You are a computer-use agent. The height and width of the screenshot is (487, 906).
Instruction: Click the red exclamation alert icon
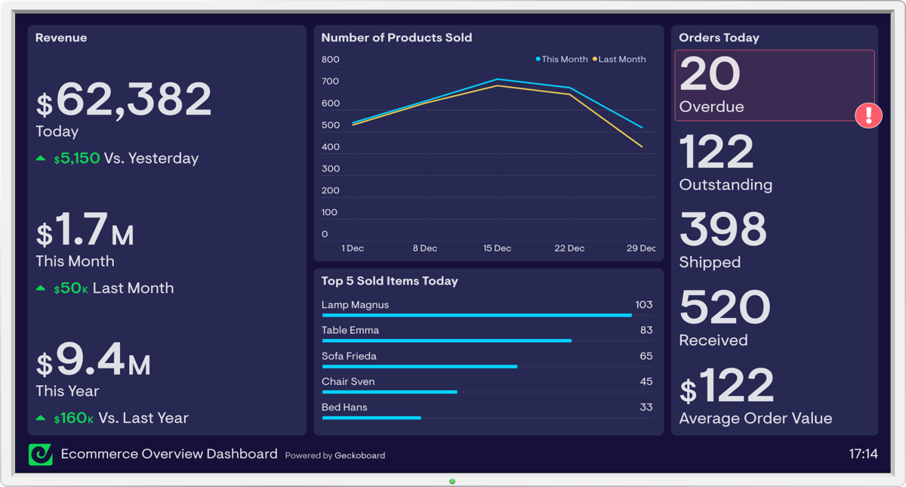click(868, 116)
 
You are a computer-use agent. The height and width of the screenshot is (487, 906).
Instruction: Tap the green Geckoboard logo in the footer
click(41, 455)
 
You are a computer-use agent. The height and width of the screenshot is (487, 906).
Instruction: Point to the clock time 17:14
click(863, 454)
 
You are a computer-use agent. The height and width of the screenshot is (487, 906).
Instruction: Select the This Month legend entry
click(563, 59)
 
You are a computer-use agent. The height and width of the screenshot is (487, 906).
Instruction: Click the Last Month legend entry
click(621, 59)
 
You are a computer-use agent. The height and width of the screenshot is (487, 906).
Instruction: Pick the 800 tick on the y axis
click(330, 60)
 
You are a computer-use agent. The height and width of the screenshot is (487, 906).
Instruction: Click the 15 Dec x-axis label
click(497, 248)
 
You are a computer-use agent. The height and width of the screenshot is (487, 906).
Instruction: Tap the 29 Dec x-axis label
click(641, 248)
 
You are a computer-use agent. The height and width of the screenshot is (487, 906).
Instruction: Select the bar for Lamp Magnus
click(476, 315)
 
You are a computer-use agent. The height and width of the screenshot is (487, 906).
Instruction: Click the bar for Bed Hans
click(371, 418)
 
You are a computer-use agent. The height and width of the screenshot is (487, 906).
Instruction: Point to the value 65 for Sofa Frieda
click(646, 356)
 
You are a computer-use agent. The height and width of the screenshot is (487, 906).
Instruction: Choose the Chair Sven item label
click(348, 381)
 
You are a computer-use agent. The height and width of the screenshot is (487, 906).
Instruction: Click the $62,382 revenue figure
click(125, 100)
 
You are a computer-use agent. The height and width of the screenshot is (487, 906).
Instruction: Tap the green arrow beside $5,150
click(41, 159)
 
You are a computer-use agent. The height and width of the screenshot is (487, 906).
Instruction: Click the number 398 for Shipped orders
click(723, 230)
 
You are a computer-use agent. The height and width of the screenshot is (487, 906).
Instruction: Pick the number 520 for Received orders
click(724, 307)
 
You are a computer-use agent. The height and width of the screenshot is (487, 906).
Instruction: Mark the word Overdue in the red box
click(711, 107)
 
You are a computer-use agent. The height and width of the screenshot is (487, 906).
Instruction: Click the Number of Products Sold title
click(396, 38)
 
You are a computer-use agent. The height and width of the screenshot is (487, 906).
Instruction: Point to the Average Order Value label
click(755, 418)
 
